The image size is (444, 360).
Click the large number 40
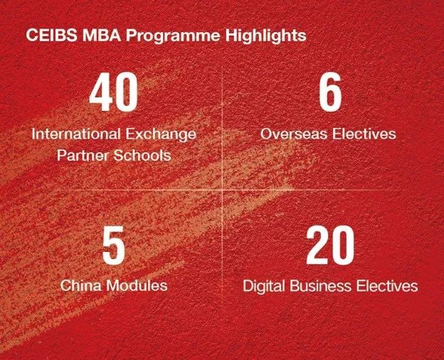(114, 95)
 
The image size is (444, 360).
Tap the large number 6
(329, 95)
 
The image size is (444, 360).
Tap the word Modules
(137, 286)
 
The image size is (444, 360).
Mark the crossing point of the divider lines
(222, 191)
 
